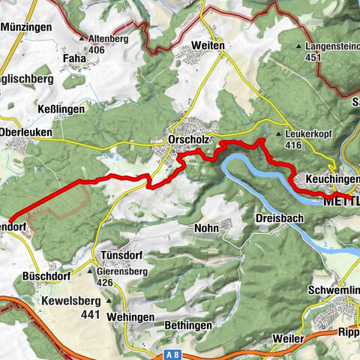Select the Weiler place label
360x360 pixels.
point(288,339)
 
